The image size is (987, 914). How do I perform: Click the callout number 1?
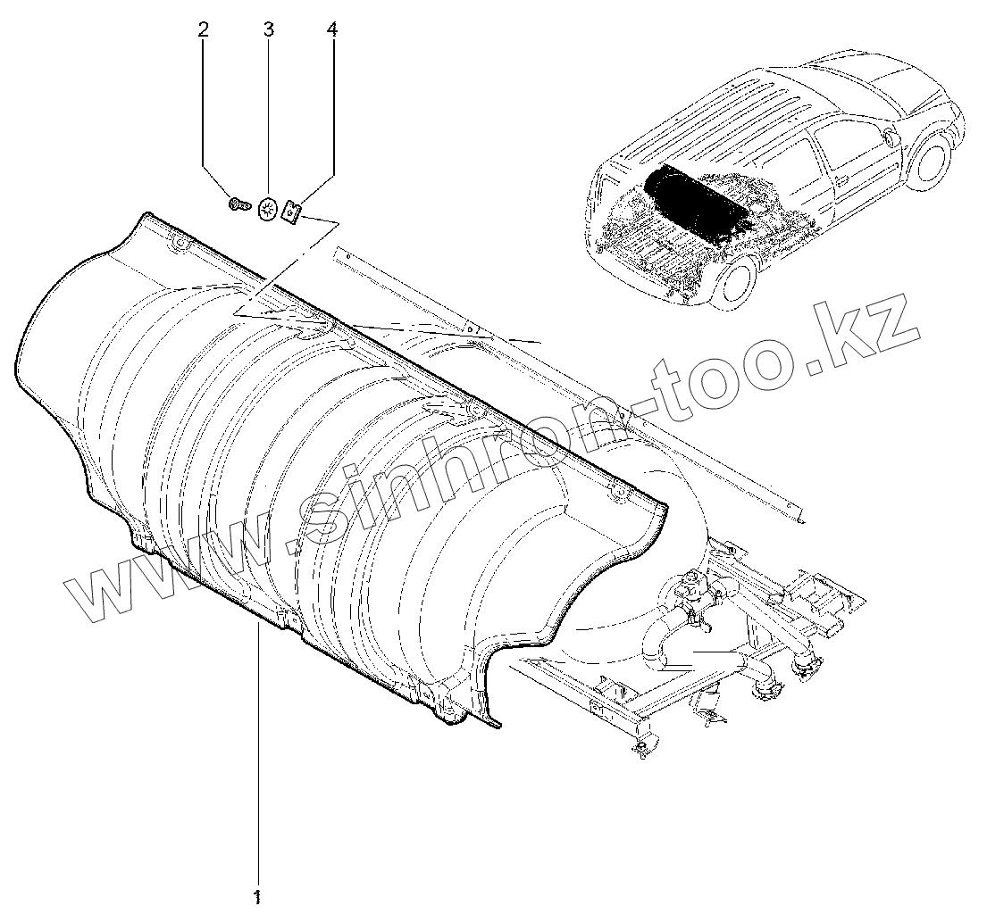(x=257, y=894)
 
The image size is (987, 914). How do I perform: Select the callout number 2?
(x=203, y=30)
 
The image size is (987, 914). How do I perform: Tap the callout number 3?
(x=268, y=30)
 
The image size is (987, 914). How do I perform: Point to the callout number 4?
(x=332, y=30)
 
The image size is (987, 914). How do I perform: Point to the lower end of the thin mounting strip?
(x=799, y=516)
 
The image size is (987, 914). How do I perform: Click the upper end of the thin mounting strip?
(x=334, y=253)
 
